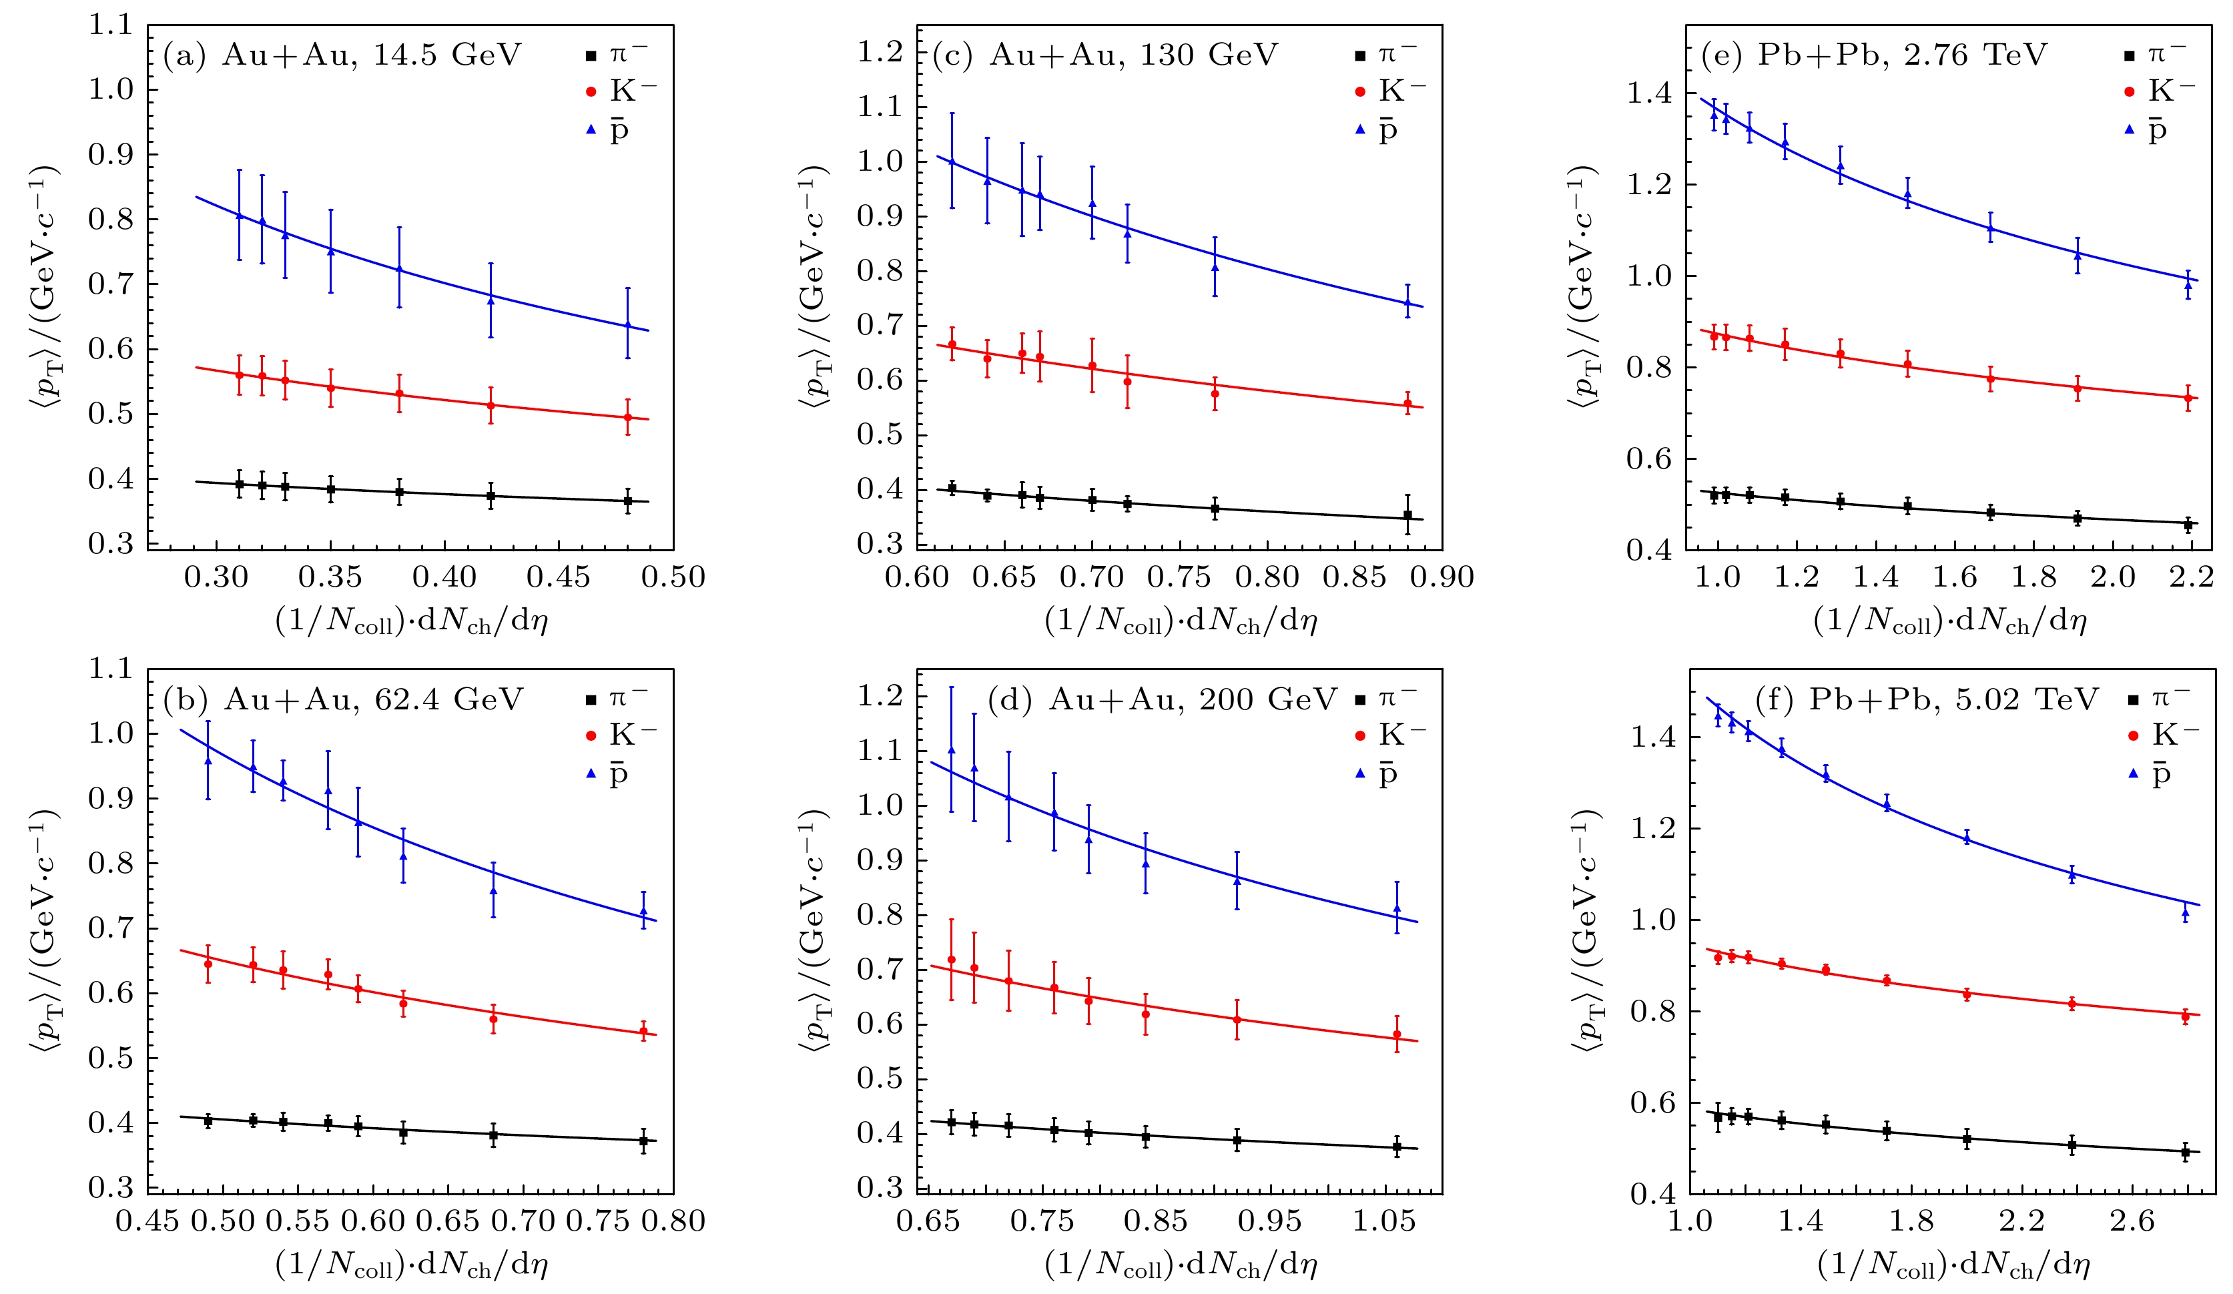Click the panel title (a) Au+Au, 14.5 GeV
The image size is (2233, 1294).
pyautogui.click(x=342, y=55)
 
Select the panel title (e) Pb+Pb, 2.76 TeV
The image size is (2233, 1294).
pyautogui.click(x=1873, y=55)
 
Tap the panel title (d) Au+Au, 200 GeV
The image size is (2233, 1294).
pyautogui.click(x=1161, y=699)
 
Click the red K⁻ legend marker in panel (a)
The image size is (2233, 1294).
pyautogui.click(x=591, y=92)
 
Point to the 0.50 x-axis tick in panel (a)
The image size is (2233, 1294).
pyautogui.click(x=674, y=577)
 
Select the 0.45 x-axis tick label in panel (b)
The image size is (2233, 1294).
pyautogui.click(x=147, y=1221)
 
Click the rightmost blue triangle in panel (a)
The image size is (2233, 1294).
pyautogui.click(x=628, y=324)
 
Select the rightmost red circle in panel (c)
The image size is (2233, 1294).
pyautogui.click(x=1408, y=404)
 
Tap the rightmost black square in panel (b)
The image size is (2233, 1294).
pyautogui.click(x=643, y=1141)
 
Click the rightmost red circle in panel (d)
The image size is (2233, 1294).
pyautogui.click(x=1397, y=1034)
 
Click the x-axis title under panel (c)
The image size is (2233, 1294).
pyautogui.click(x=1181, y=621)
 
